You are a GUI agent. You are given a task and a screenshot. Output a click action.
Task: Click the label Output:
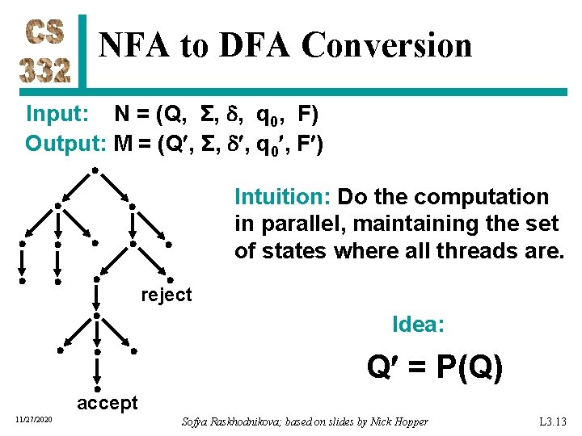(x=65, y=143)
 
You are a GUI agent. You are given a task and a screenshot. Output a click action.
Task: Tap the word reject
(x=167, y=295)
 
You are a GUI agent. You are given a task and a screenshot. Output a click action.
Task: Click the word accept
(x=107, y=402)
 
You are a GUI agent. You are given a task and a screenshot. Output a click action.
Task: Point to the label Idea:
(x=418, y=325)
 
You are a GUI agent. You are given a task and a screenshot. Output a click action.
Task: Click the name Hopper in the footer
(x=411, y=421)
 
